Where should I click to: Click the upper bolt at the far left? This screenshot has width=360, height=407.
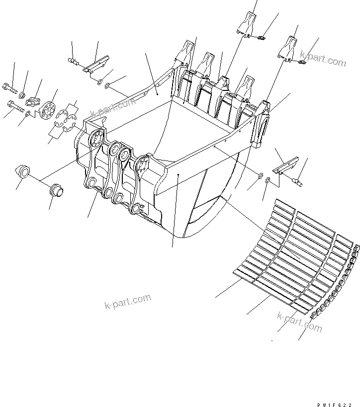pyautogui.click(x=11, y=88)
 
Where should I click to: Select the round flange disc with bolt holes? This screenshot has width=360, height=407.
pyautogui.click(x=48, y=110)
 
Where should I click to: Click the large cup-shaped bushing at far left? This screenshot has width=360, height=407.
pyautogui.click(x=22, y=171)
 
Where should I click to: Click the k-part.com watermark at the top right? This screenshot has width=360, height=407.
pyautogui.click(x=323, y=61)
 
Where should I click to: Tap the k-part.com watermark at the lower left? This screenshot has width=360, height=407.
pyautogui.click(x=128, y=301)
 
